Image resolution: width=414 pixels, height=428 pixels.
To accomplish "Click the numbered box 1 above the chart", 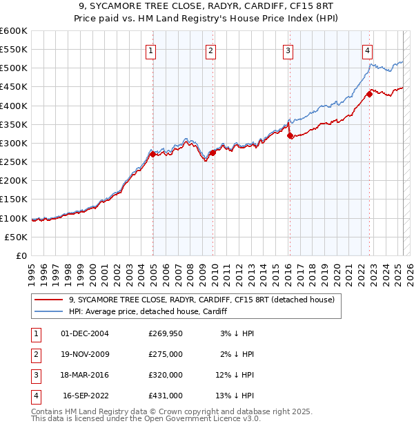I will pos(150,50).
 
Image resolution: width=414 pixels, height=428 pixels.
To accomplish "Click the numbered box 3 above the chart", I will pos(288,50).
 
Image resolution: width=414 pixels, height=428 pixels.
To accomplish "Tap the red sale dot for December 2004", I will pos(152,154).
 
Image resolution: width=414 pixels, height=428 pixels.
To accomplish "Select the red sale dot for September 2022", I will pos(369,95).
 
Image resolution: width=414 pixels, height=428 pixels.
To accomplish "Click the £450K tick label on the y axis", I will pos(14,87).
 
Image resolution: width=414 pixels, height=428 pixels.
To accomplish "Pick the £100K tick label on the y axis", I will pos(14,218).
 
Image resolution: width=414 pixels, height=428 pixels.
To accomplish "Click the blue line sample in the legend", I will pos(49,312).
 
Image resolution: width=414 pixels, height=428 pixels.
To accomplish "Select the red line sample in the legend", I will pos(49,300).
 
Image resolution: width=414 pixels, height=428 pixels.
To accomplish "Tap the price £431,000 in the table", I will pos(166,396).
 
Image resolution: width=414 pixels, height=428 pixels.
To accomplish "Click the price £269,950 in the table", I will pos(166,333).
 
